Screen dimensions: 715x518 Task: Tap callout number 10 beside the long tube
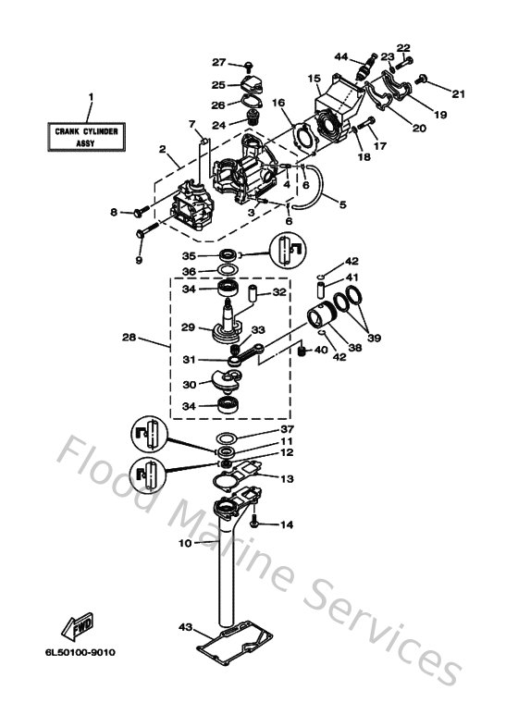[185, 543]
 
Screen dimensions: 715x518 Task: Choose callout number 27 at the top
[218, 62]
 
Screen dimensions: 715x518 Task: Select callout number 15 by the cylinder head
[314, 79]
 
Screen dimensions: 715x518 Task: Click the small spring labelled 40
[300, 351]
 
